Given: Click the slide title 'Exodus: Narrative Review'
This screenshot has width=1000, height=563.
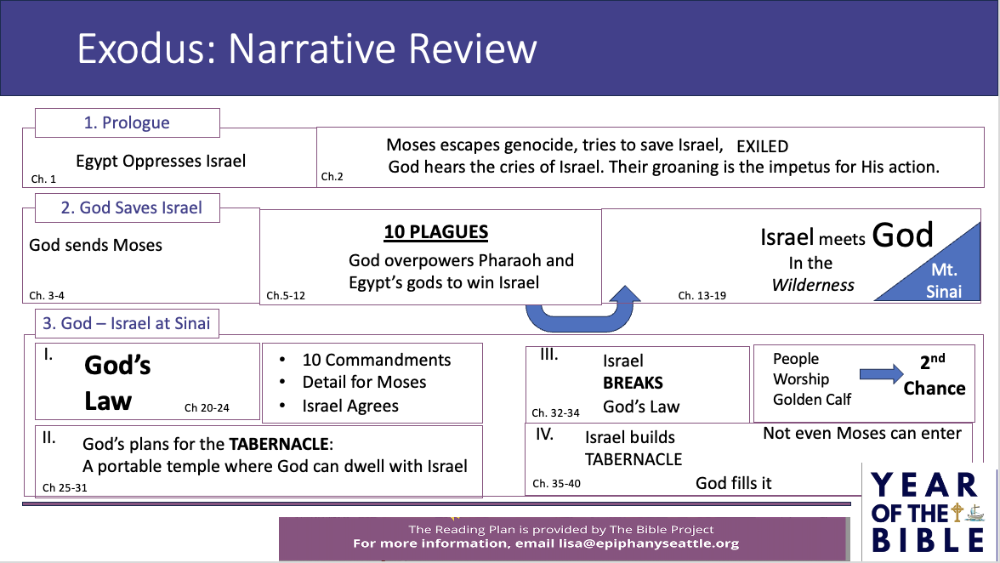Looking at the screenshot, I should [x=306, y=48].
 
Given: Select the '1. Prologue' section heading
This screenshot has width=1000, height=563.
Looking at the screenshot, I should [x=127, y=122].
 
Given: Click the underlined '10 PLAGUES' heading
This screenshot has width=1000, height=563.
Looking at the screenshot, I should [x=436, y=232].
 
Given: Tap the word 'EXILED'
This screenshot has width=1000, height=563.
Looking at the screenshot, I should [x=762, y=146].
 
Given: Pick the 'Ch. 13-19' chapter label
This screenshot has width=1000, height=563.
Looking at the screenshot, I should [x=702, y=296].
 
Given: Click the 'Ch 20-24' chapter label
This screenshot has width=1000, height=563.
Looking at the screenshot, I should [x=207, y=408].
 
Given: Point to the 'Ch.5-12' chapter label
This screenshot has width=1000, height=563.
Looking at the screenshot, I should [x=286, y=296].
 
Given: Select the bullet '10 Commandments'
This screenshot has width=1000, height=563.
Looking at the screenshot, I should [x=376, y=360].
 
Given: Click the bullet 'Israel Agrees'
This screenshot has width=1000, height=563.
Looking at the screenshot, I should [x=350, y=407].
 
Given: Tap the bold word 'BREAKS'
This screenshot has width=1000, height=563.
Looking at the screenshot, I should [x=633, y=384].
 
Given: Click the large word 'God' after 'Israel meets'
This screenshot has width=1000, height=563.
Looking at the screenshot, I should [x=902, y=236].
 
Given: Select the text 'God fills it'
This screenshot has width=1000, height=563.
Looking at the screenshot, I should [x=733, y=483].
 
